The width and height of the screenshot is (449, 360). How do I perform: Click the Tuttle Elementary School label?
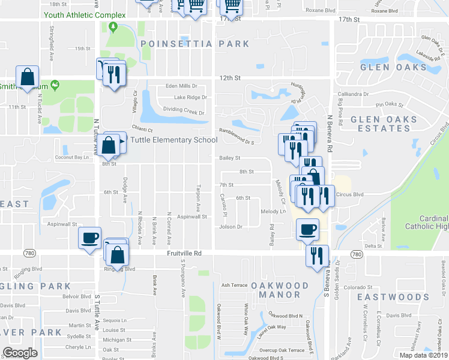tap(172, 140)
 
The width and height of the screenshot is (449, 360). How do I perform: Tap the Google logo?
tap(20, 352)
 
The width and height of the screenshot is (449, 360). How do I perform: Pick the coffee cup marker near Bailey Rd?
tap(307, 229)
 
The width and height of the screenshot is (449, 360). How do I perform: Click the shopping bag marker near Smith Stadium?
tap(28, 76)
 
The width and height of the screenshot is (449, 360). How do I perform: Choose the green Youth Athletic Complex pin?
tap(113, 26)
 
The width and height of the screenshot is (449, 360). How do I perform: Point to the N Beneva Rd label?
tap(329, 126)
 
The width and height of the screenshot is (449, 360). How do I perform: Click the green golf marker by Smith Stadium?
tap(56, 85)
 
